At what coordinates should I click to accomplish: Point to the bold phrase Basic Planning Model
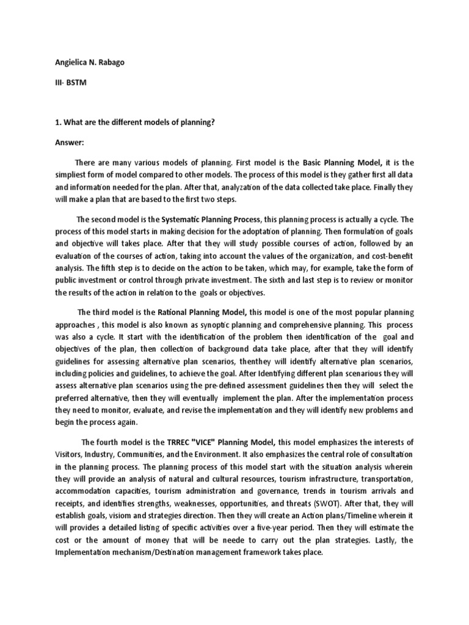click(x=342, y=162)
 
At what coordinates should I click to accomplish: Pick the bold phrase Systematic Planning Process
click(x=211, y=219)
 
